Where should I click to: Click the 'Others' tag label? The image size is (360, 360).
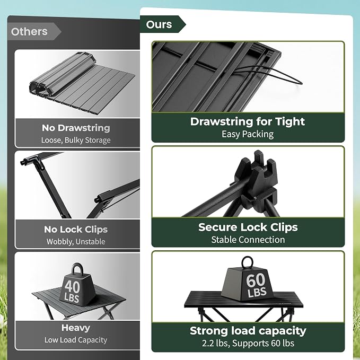(x=29, y=31)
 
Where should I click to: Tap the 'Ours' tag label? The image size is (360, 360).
(x=159, y=24)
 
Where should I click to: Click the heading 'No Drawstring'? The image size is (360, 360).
(x=76, y=128)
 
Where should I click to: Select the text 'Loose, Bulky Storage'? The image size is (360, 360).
(x=76, y=140)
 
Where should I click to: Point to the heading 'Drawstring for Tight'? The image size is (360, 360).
(x=248, y=121)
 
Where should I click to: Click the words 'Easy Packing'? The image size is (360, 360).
(x=248, y=134)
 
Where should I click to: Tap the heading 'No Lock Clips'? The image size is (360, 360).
(x=76, y=230)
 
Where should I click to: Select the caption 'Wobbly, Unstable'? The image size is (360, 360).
(x=76, y=242)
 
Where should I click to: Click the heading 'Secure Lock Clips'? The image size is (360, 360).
(x=248, y=227)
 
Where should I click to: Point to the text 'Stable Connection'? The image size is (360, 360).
(x=248, y=240)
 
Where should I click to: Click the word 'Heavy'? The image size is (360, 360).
(x=75, y=328)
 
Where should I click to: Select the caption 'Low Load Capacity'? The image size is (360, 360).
(x=76, y=340)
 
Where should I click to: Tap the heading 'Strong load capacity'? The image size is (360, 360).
(x=248, y=331)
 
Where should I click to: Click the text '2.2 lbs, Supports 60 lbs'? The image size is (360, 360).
(x=248, y=343)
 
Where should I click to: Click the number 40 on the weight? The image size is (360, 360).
(x=72, y=286)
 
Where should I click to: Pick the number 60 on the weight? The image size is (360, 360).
(x=256, y=280)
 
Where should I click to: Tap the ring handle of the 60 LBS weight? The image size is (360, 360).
(x=247, y=257)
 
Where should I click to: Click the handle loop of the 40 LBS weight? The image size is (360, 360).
(x=77, y=265)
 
